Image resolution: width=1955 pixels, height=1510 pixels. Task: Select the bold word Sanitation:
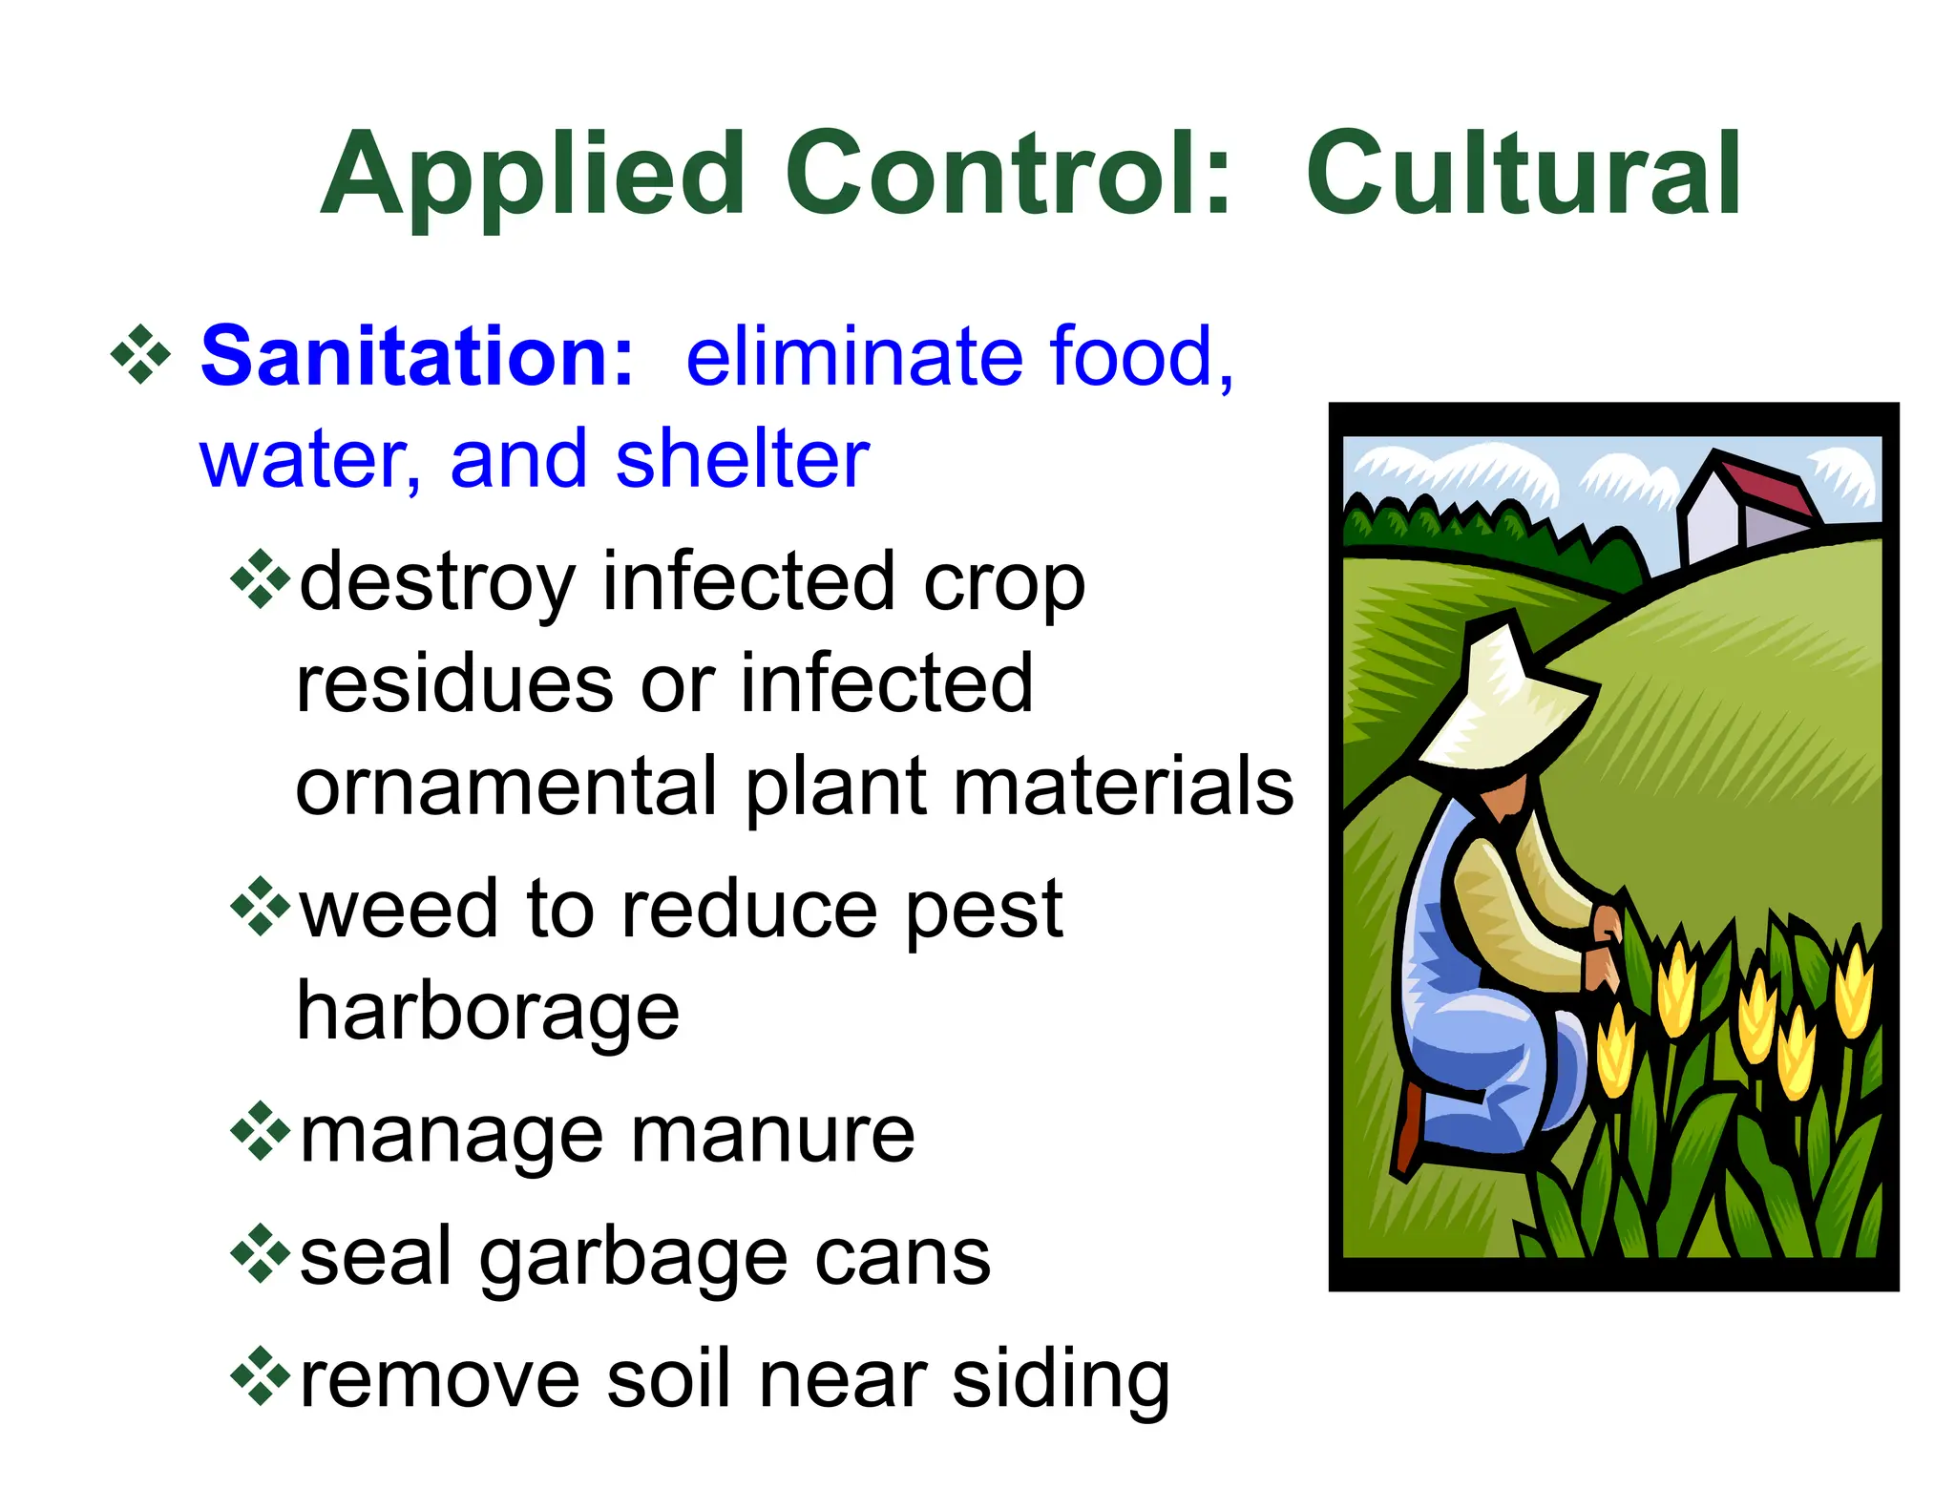tap(417, 356)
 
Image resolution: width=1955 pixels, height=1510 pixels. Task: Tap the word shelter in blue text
tap(742, 459)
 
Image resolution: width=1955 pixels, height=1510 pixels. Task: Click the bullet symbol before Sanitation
tap(140, 356)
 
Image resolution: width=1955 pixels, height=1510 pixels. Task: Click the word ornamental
tap(506, 786)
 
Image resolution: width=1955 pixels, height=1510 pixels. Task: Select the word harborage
tap(488, 1014)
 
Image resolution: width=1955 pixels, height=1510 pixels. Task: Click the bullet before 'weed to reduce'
tap(260, 907)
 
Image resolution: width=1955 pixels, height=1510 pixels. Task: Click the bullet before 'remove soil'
tap(260, 1377)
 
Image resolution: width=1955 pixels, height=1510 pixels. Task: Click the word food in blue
tap(1130, 356)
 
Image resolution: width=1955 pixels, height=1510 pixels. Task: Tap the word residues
tap(454, 684)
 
